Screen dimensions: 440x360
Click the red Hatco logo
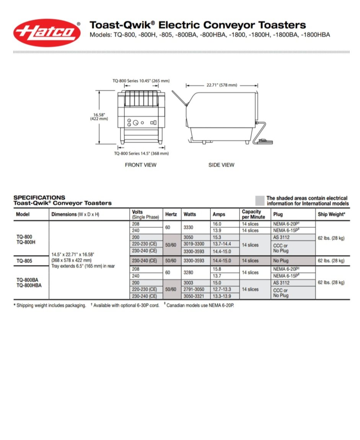tap(47, 33)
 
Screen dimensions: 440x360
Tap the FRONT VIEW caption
tap(141, 165)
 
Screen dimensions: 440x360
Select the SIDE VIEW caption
tap(222, 165)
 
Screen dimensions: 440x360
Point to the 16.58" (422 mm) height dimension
tap(99, 117)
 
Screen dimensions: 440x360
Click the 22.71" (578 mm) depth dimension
tap(222, 85)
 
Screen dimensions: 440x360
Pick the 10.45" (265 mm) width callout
tap(141, 81)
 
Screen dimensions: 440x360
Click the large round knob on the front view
tap(136, 123)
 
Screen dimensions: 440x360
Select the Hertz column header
tap(171, 214)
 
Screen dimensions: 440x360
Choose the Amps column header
tap(219, 214)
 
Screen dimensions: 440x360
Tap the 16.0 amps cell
tap(217, 224)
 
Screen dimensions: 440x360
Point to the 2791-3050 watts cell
tap(194, 289)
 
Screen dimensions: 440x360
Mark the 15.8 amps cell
tap(217, 269)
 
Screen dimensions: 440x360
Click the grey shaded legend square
tap(260, 201)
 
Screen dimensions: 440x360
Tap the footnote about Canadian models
tap(200, 305)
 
